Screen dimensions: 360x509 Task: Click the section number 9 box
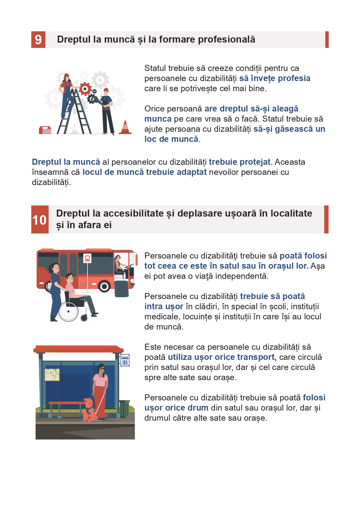38,39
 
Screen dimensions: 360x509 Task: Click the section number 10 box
40,219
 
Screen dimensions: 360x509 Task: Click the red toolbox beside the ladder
45,130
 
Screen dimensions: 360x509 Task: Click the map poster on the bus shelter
52,375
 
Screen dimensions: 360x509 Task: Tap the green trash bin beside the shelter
124,409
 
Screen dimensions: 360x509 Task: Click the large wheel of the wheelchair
69,311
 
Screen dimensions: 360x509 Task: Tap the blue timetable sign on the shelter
125,360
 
